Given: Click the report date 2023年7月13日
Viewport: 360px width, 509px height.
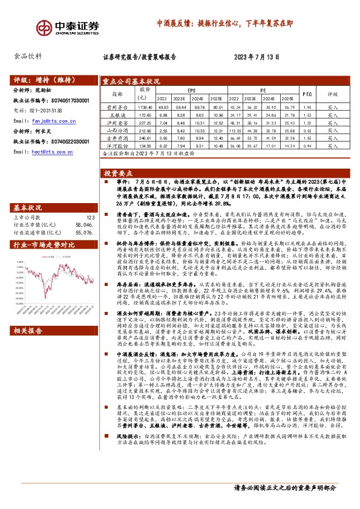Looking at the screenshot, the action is click(x=257, y=58).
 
